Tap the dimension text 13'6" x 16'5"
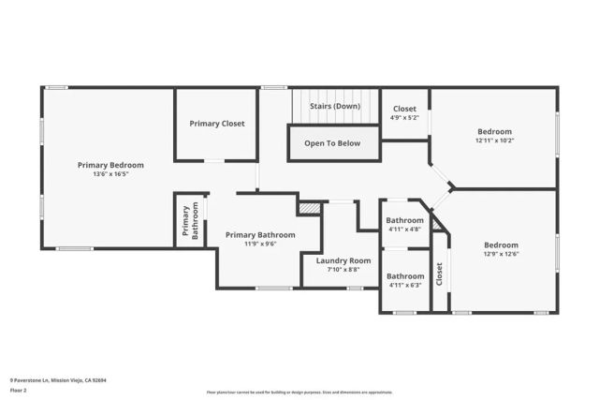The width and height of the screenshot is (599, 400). [110, 174]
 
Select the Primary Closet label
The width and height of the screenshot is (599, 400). [216, 124]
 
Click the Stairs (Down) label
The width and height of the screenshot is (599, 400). [335, 106]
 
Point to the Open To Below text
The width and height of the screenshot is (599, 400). [333, 143]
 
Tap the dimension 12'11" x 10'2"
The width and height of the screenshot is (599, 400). [495, 141]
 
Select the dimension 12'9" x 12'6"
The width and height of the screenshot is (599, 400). [501, 254]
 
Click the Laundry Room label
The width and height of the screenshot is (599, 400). [343, 260]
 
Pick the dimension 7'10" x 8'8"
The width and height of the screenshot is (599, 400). [343, 270]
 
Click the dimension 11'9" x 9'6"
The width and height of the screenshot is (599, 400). [260, 244]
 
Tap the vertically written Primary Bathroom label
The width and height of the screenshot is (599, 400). [190, 221]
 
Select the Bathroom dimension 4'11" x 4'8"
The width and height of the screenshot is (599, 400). [405, 230]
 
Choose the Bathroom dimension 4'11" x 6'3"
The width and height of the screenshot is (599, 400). [405, 286]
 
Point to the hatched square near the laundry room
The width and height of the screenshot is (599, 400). [309, 207]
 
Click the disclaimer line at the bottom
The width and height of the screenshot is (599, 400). [299, 391]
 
